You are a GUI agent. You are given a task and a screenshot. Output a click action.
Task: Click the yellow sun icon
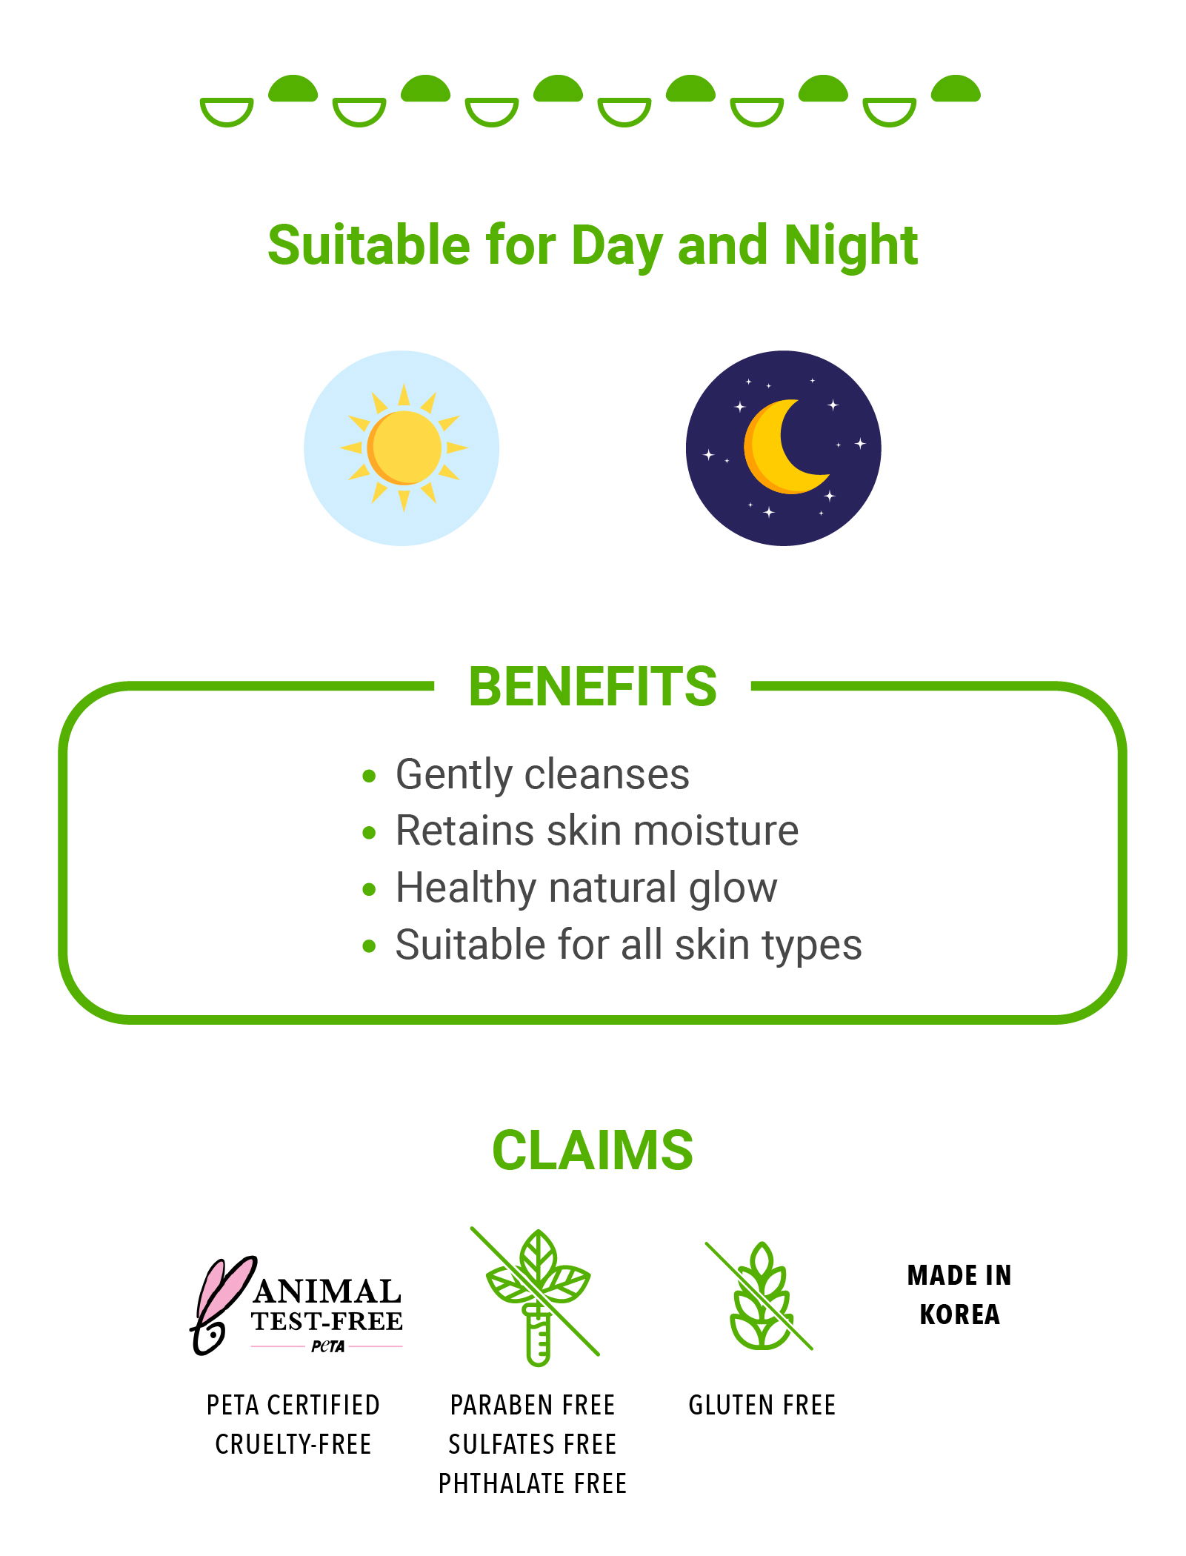pyautogui.click(x=404, y=448)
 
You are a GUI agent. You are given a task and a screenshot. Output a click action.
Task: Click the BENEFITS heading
pyautogui.click(x=593, y=686)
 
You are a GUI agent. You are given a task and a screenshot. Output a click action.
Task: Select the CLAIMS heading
pyautogui.click(x=593, y=1151)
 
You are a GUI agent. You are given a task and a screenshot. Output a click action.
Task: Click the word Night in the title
pyautogui.click(x=851, y=245)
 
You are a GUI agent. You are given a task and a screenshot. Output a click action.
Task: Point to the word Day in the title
pyautogui.click(x=617, y=245)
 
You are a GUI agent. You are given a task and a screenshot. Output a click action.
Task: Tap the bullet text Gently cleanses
pyautogui.click(x=542, y=775)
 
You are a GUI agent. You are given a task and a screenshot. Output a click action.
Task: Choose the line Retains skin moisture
pyautogui.click(x=597, y=831)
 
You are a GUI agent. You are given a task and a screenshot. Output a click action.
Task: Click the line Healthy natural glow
pyautogui.click(x=587, y=888)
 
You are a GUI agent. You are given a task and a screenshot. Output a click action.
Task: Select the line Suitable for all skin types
pyautogui.click(x=629, y=945)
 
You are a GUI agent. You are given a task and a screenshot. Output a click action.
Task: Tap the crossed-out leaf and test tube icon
pyautogui.click(x=536, y=1296)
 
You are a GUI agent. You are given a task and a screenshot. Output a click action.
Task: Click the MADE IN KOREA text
pyautogui.click(x=959, y=1294)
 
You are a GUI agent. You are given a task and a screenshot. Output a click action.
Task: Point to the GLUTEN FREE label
pyautogui.click(x=762, y=1405)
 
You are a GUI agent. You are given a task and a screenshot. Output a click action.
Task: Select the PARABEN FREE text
pyautogui.click(x=533, y=1405)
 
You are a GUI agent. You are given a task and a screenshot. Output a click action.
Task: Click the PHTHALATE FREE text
pyautogui.click(x=533, y=1483)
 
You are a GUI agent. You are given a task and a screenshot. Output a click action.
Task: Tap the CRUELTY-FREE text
pyautogui.click(x=293, y=1444)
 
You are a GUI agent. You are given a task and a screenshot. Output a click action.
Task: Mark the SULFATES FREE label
pyautogui.click(x=533, y=1444)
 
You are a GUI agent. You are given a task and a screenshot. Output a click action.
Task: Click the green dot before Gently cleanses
pyautogui.click(x=369, y=777)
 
